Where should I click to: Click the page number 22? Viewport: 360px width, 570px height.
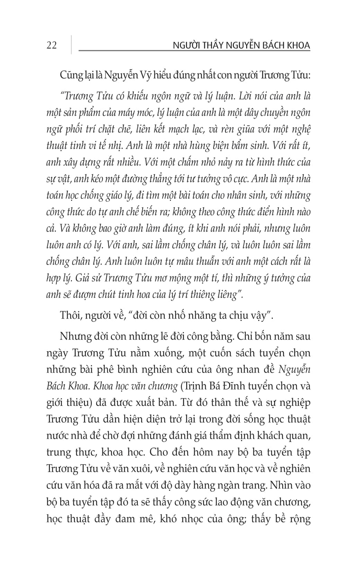[x=52, y=45]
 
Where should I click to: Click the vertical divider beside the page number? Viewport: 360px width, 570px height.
[x=71, y=45]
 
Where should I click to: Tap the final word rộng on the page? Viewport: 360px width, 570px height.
[x=297, y=519]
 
